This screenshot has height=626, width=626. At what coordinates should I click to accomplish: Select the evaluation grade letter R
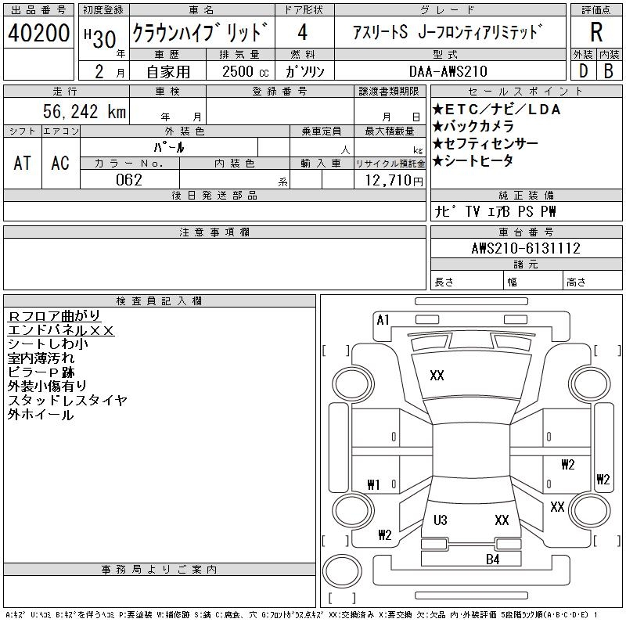595,33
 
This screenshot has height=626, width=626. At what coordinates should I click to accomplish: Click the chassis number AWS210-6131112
526,249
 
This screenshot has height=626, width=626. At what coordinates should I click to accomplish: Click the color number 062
128,180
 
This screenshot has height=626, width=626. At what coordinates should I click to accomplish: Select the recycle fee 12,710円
392,181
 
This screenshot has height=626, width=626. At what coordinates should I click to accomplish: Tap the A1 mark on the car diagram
383,319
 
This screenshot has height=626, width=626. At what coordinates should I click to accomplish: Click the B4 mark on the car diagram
492,559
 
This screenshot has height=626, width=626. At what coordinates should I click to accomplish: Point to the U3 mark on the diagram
440,520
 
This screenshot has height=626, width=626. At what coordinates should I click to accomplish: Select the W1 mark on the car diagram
373,484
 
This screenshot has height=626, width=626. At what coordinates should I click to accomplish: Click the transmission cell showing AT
23,163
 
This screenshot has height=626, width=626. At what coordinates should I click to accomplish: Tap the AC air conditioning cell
60,163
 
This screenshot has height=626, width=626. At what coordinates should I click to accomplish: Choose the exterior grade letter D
582,71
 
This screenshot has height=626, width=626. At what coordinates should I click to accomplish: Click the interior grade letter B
609,71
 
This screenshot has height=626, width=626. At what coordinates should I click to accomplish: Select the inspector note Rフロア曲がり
54,316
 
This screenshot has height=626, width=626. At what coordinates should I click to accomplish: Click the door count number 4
302,34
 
